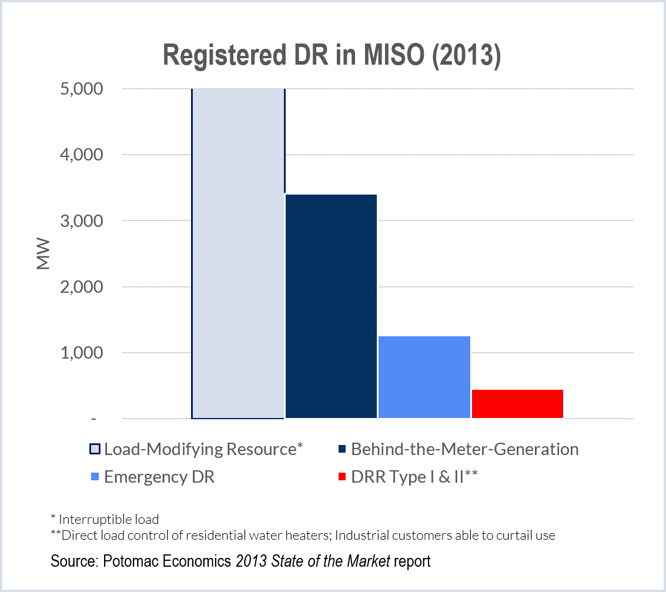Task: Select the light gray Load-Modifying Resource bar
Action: (x=238, y=253)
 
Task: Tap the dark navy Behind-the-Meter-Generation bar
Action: (x=331, y=306)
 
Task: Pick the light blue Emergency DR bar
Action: (x=424, y=377)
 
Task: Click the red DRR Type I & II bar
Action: (x=517, y=403)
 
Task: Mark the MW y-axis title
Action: (x=43, y=254)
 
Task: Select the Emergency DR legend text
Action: (x=159, y=477)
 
